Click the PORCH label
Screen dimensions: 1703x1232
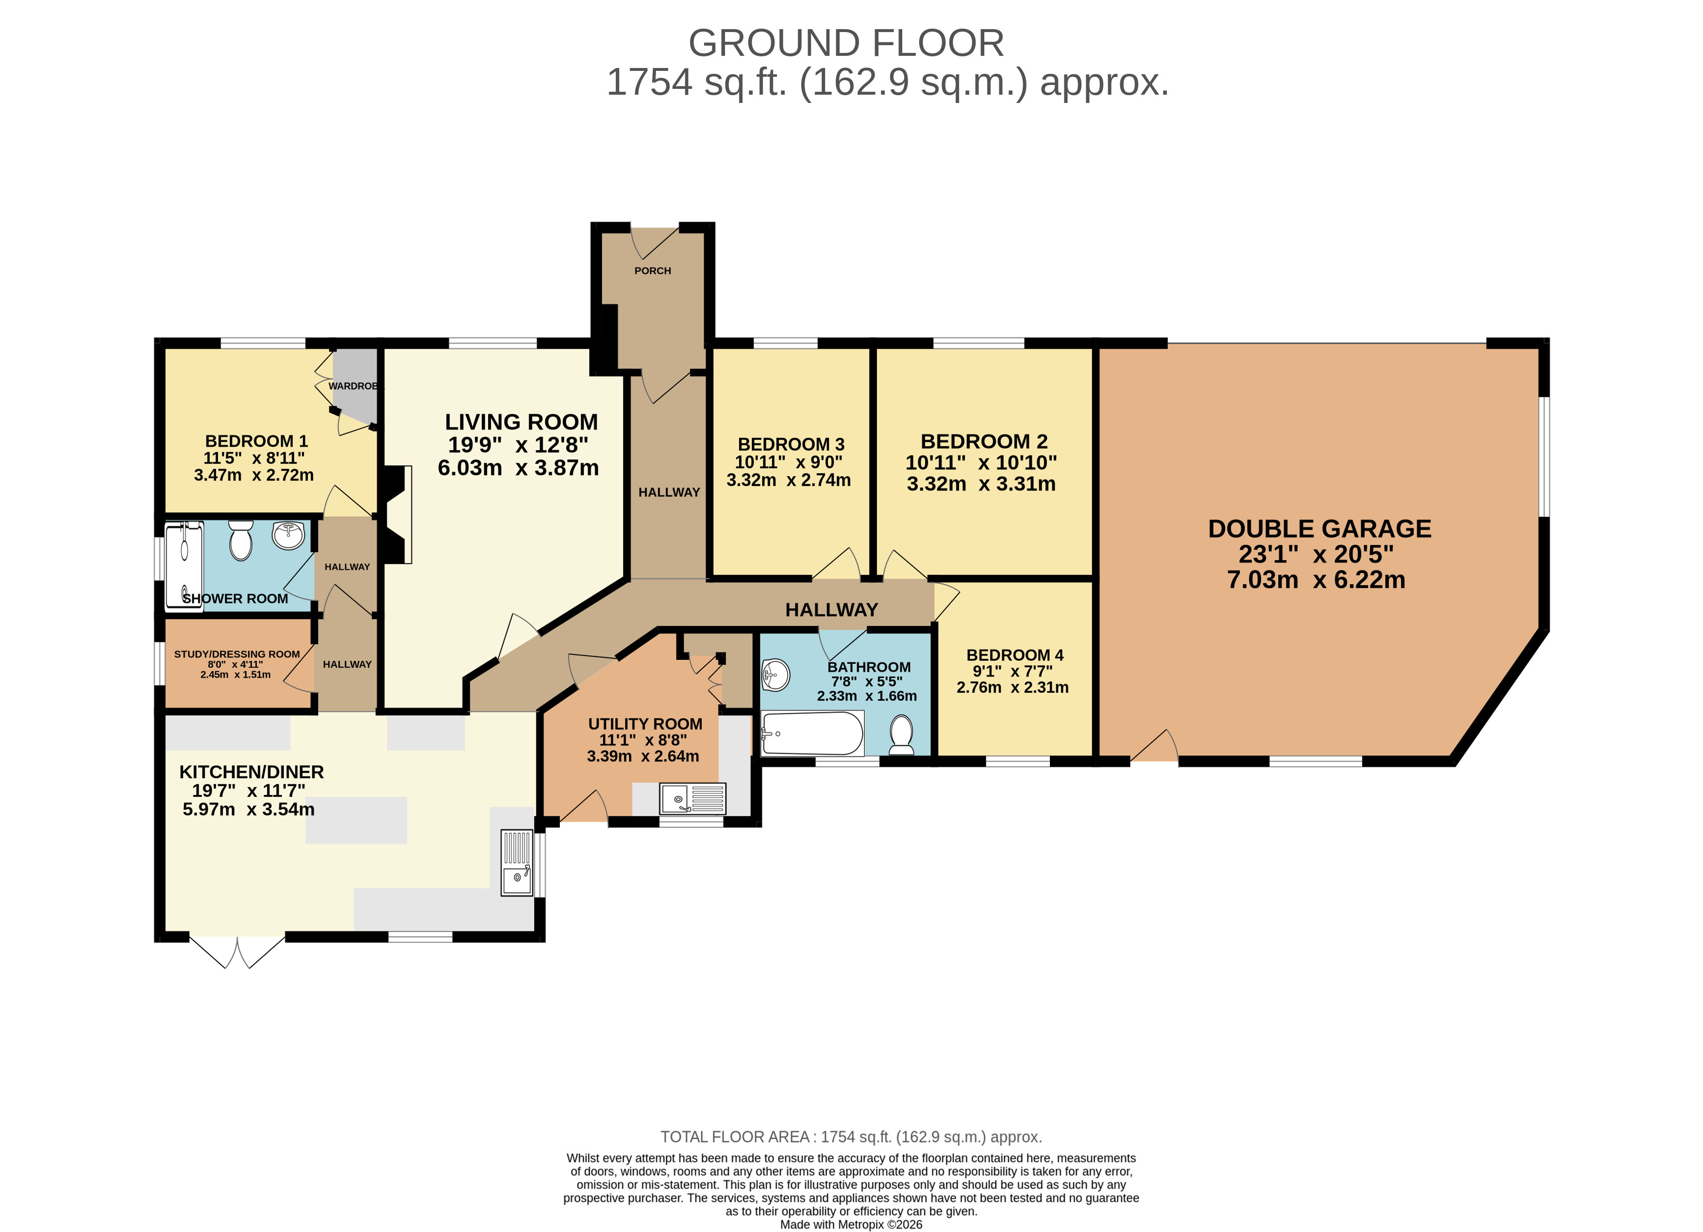coord(653,271)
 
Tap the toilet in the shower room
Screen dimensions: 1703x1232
coord(241,540)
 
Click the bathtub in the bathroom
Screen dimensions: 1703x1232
coord(812,733)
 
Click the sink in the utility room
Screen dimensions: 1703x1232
coord(692,799)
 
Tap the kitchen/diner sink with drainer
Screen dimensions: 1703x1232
coord(517,862)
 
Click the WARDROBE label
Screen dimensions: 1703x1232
coord(353,386)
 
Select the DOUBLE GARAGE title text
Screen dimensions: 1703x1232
coord(1319,528)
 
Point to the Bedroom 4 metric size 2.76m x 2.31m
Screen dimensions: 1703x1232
coord(1012,687)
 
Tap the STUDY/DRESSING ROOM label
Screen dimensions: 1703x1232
coord(237,654)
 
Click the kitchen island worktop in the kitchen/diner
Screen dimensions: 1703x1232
coord(356,820)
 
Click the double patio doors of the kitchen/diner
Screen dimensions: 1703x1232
coord(237,951)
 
